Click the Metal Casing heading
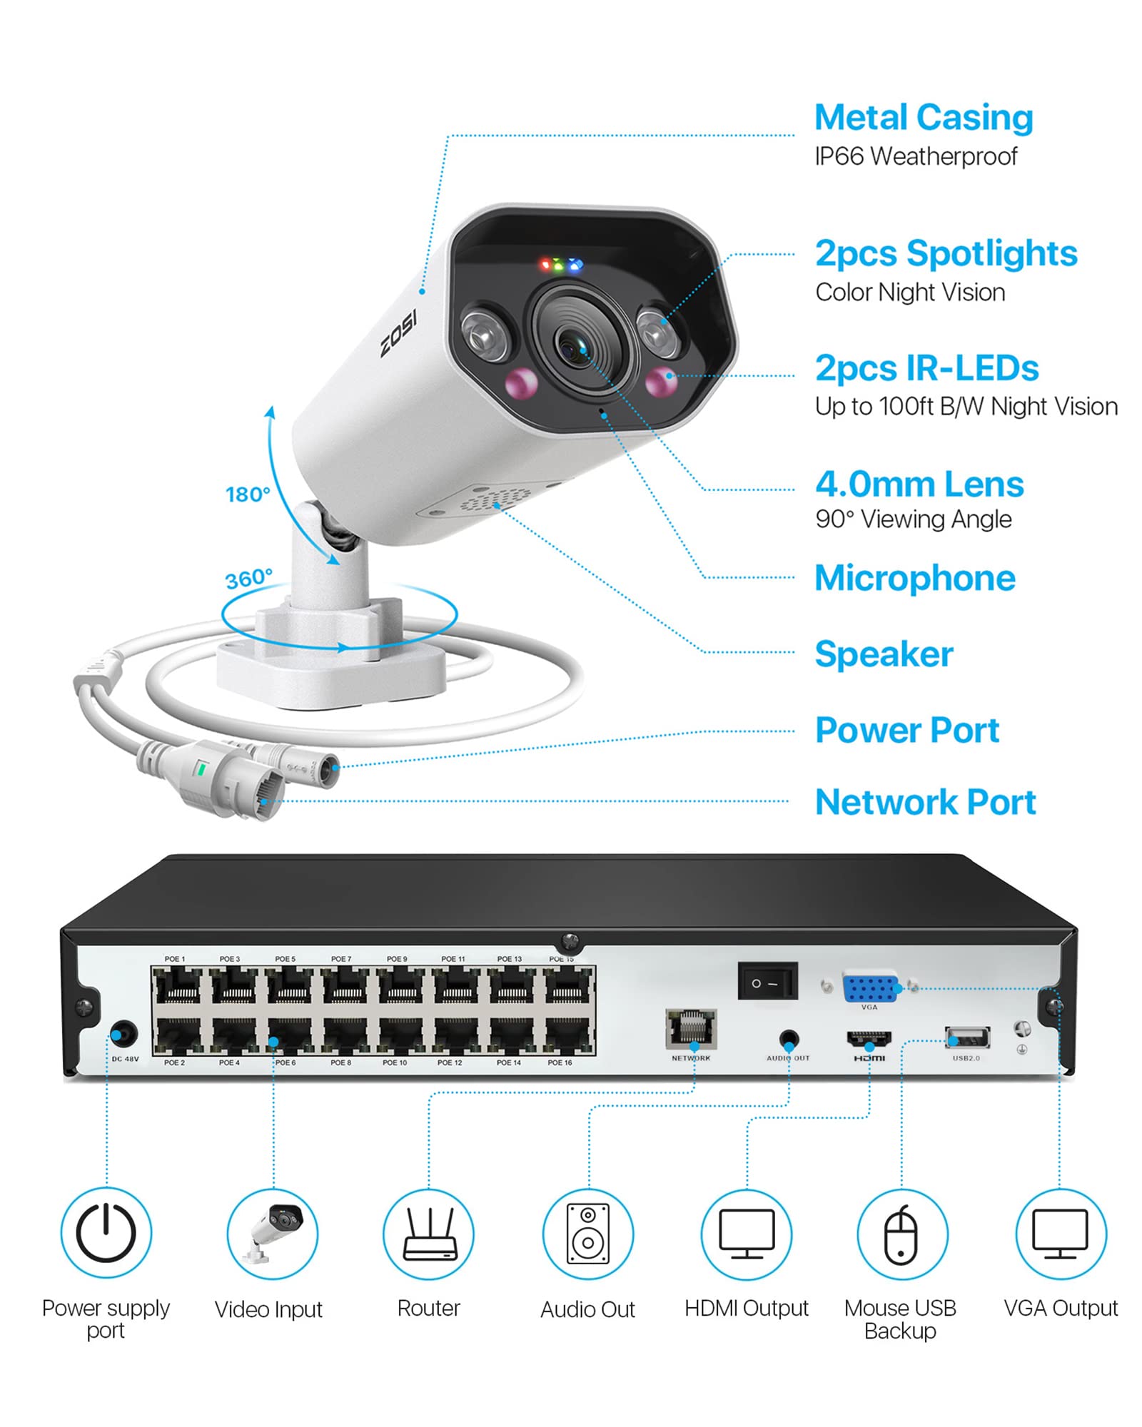click(x=923, y=118)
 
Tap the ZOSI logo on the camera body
click(x=398, y=333)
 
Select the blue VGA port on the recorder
click(x=869, y=988)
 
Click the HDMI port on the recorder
click(x=869, y=1039)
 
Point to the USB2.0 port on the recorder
click(x=967, y=1037)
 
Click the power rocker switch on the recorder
click(x=767, y=982)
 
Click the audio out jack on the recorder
click(x=789, y=1039)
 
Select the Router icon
click(x=429, y=1234)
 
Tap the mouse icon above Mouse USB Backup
click(x=901, y=1234)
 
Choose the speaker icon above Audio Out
click(x=587, y=1234)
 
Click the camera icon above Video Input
click(x=273, y=1234)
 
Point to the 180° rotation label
click(x=248, y=494)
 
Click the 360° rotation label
click(x=248, y=579)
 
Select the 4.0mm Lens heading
click(x=919, y=484)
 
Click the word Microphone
click(x=915, y=579)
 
